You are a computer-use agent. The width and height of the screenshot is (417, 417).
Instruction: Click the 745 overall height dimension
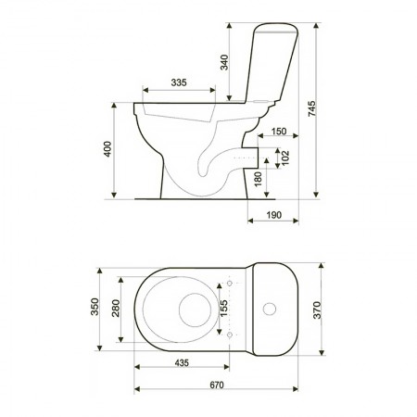(x=312, y=108)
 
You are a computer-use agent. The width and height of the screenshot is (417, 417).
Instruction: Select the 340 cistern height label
(x=224, y=62)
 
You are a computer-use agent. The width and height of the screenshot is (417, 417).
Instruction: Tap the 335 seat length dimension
(x=179, y=82)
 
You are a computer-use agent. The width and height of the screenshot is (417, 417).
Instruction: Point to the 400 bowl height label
(x=107, y=149)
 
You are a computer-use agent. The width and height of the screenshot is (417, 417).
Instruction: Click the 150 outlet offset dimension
(x=279, y=132)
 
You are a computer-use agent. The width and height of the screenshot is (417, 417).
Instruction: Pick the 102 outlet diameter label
(x=285, y=158)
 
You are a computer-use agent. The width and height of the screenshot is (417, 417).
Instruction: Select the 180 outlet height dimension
(x=259, y=179)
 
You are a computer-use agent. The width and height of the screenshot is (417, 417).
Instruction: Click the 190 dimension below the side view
(x=274, y=215)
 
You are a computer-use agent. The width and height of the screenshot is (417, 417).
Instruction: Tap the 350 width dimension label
(x=95, y=307)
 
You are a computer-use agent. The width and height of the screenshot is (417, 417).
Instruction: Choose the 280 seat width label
(x=116, y=308)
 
